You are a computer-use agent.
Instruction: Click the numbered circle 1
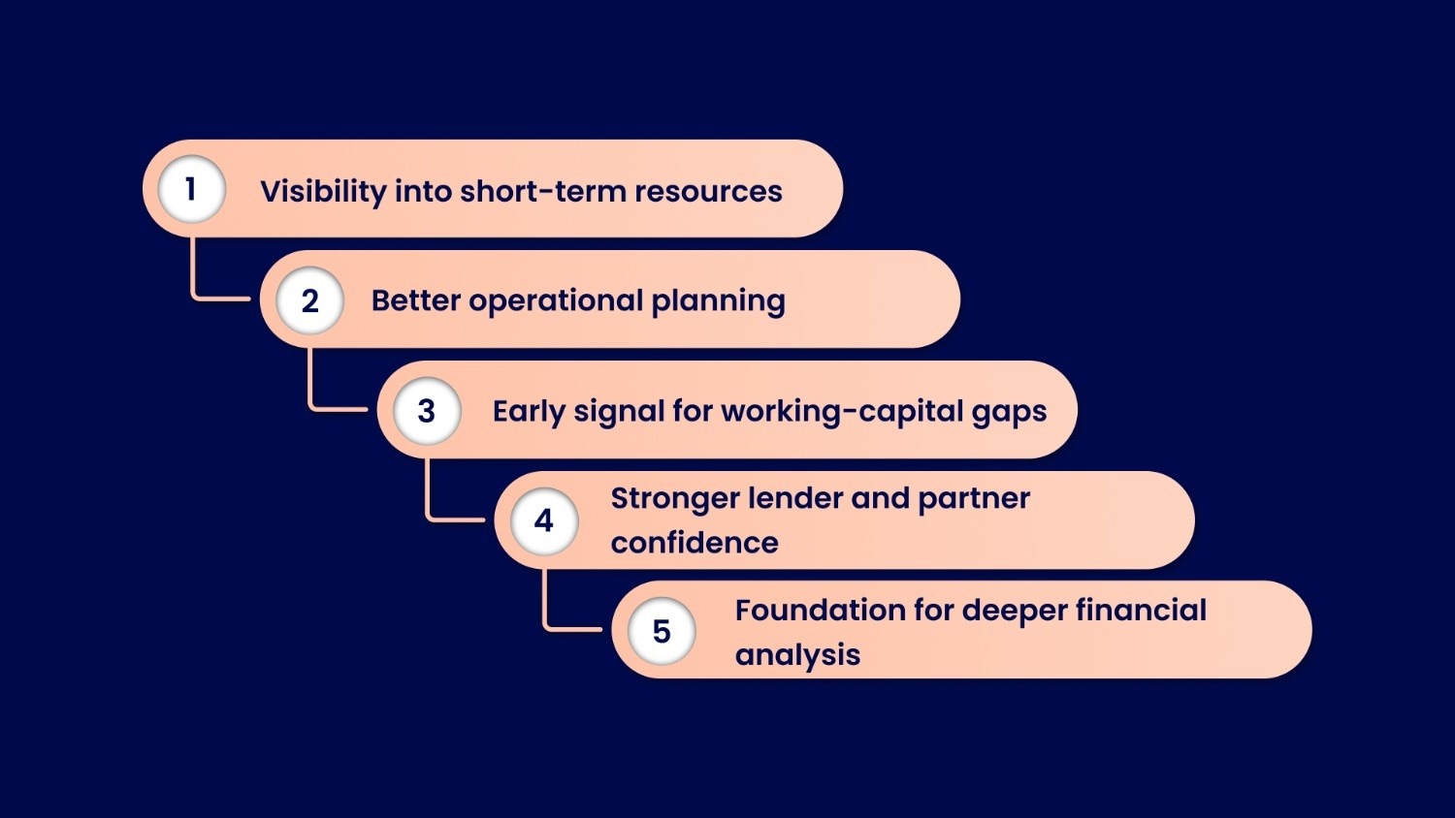pos(191,189)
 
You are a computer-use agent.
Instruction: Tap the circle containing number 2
pos(309,300)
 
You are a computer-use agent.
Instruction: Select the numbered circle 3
pos(427,411)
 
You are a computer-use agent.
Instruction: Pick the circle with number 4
pos(544,520)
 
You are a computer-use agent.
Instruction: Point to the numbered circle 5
pos(662,632)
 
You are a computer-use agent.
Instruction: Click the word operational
pos(556,301)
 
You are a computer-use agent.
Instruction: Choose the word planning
pos(718,301)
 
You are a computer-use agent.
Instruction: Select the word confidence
pos(695,543)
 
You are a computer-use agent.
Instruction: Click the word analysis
pos(797,655)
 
